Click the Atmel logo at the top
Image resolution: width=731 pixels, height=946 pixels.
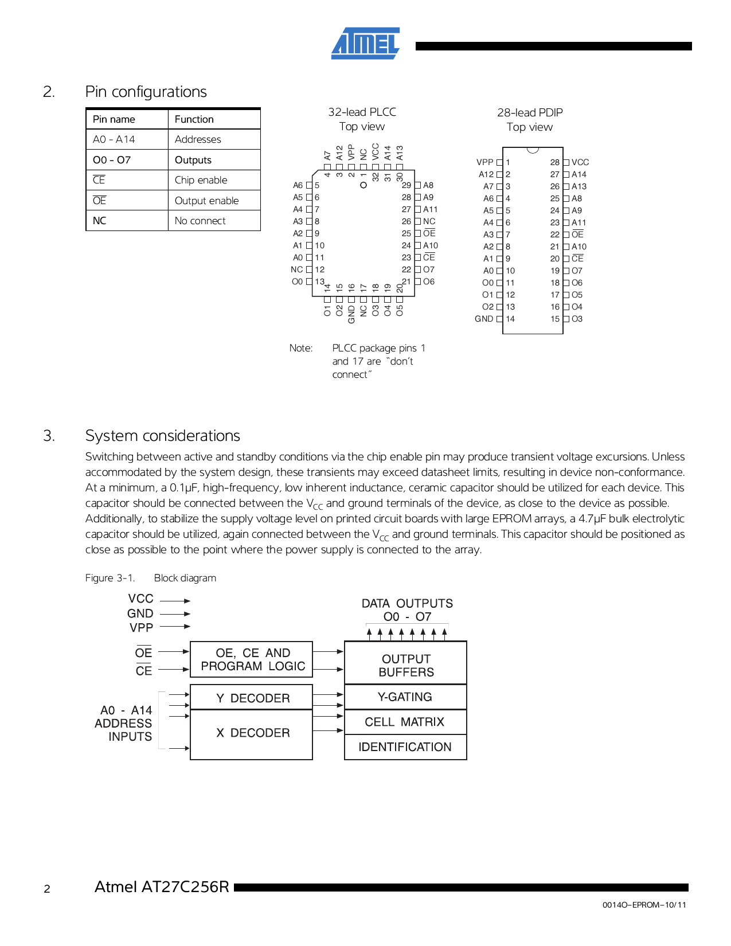point(365,44)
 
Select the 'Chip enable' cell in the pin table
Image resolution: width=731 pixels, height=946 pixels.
point(201,180)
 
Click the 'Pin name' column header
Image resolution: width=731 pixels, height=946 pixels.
point(114,119)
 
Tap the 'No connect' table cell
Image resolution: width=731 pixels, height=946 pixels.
point(200,221)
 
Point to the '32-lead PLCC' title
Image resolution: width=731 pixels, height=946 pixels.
point(362,112)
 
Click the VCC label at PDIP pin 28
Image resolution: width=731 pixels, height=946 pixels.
point(580,162)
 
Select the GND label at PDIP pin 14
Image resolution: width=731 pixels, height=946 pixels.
point(484,319)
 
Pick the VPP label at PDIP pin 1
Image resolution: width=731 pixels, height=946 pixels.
point(485,162)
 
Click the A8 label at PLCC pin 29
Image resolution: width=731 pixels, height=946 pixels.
point(428,185)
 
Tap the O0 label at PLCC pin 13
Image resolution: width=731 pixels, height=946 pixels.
point(297,282)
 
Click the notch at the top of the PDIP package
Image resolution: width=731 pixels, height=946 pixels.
point(533,150)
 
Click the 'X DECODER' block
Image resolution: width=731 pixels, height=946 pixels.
point(252,733)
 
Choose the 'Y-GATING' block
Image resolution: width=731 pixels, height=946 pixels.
point(405,697)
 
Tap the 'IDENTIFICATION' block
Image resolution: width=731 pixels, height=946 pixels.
point(405,747)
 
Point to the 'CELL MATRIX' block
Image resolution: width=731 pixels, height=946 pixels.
point(405,722)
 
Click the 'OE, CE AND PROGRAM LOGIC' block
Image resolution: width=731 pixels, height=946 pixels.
point(252,659)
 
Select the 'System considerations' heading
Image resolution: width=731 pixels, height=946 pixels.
point(163,436)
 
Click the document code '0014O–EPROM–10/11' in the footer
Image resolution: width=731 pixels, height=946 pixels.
point(644,905)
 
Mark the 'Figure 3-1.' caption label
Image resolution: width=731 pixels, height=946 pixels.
point(110,578)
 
